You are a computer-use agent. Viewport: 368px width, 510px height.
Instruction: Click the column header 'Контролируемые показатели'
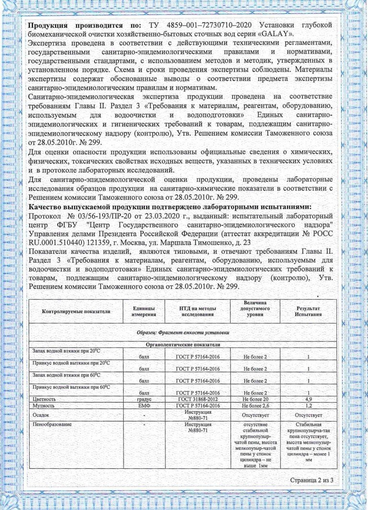click(x=76, y=311)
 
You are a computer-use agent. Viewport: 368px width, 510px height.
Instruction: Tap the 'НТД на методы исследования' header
click(x=197, y=311)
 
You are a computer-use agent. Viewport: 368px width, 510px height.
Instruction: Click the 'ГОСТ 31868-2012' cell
click(x=197, y=399)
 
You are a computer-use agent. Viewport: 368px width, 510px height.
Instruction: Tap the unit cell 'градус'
click(x=144, y=399)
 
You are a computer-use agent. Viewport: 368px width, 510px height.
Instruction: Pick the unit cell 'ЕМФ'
click(x=144, y=406)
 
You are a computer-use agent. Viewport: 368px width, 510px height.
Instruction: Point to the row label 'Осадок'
click(x=40, y=415)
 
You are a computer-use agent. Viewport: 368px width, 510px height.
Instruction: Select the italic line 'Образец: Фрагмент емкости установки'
click(x=183, y=332)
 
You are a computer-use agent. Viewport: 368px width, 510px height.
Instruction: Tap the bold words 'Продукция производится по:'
click(x=84, y=24)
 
